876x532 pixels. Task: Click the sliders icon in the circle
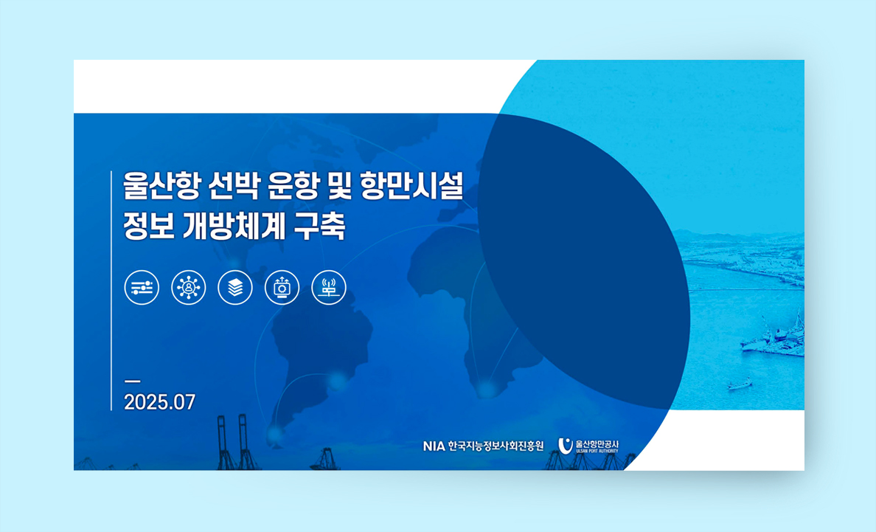pyautogui.click(x=142, y=288)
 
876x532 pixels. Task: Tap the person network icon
pyautogui.click(x=188, y=288)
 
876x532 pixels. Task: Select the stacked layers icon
pyautogui.click(x=235, y=288)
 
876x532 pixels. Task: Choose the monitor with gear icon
pyautogui.click(x=282, y=288)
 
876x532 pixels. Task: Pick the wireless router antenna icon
pyautogui.click(x=329, y=288)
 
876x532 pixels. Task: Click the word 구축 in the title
pyautogui.click(x=321, y=226)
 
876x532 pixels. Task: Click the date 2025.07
pyautogui.click(x=160, y=402)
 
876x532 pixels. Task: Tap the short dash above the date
pyautogui.click(x=133, y=381)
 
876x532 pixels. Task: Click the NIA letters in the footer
pyautogui.click(x=434, y=446)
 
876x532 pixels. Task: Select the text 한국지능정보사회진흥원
pyautogui.click(x=496, y=446)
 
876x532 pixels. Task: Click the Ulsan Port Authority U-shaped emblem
pyautogui.click(x=566, y=446)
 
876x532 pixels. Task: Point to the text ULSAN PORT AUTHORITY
pyautogui.click(x=597, y=451)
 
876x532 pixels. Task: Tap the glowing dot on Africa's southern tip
pyautogui.click(x=485, y=388)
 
